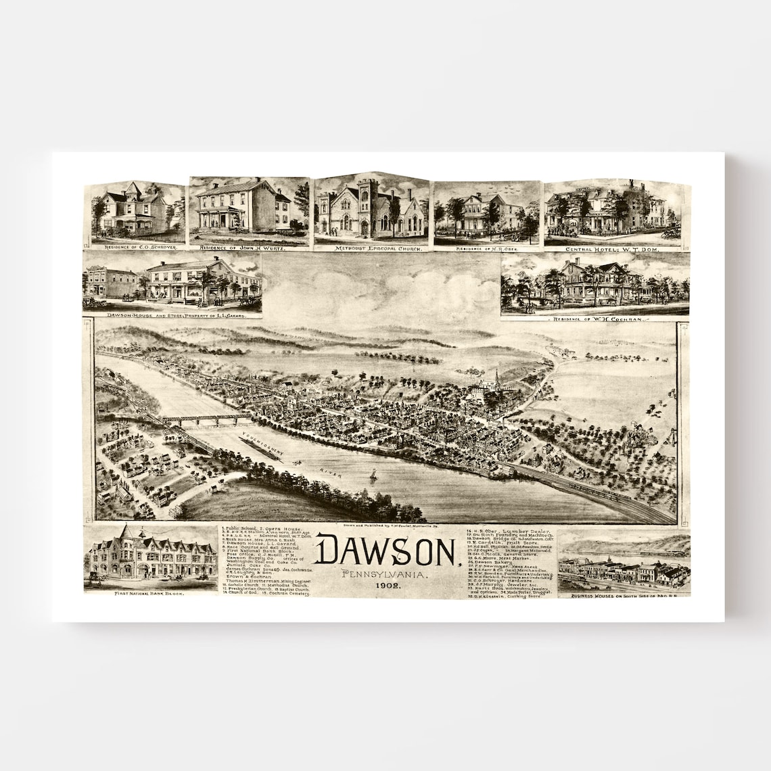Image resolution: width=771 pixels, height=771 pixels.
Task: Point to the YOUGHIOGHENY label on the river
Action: pyautogui.click(x=261, y=444)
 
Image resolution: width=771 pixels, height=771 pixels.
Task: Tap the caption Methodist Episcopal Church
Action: pyautogui.click(x=373, y=249)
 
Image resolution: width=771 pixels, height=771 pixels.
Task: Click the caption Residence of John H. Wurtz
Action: pyautogui.click(x=248, y=248)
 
